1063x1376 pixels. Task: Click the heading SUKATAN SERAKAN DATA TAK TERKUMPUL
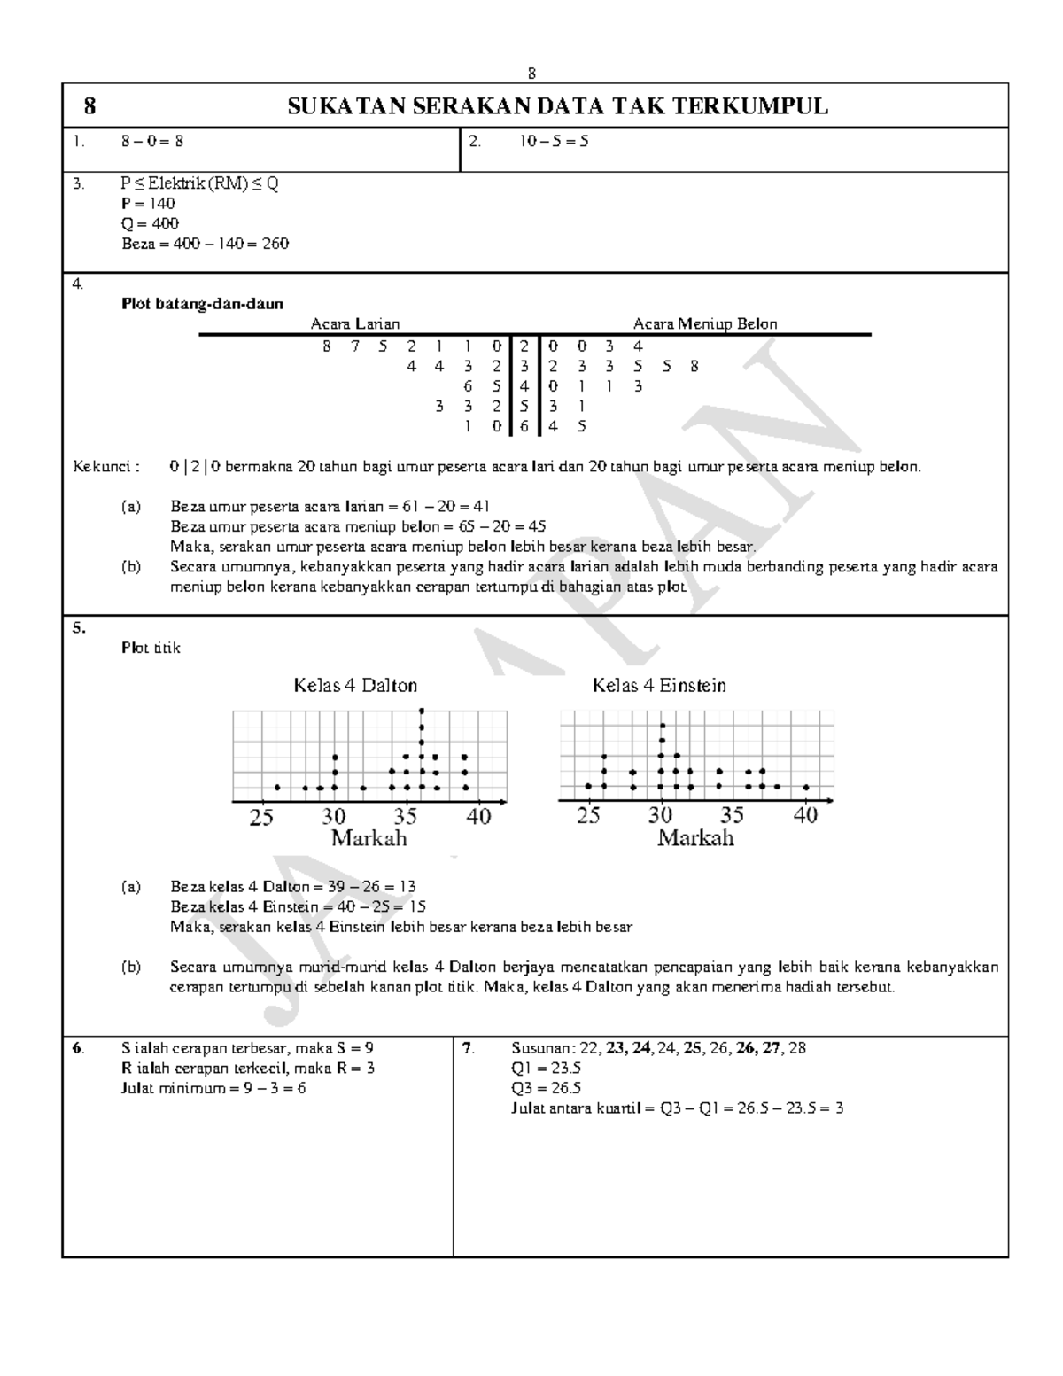(558, 106)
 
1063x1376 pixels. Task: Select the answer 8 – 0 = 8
(152, 140)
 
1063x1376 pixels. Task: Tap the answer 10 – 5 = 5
(555, 140)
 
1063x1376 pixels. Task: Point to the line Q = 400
(150, 223)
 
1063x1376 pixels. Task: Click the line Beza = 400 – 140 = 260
(205, 244)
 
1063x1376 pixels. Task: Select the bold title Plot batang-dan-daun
(202, 304)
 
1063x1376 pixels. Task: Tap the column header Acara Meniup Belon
(705, 324)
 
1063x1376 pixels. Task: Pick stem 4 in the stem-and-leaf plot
(524, 386)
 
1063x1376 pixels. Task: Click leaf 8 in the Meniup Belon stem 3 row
(694, 366)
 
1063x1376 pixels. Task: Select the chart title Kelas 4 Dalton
(355, 685)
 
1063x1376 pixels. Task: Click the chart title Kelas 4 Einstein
(659, 685)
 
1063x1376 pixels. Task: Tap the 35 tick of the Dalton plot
(405, 816)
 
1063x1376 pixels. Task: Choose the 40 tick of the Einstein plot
(805, 816)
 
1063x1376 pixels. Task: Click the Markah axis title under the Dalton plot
(369, 838)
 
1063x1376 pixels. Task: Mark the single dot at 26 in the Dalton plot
(277, 787)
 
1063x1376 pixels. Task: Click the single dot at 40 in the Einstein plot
(806, 787)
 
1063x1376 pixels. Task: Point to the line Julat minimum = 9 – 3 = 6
(213, 1088)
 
